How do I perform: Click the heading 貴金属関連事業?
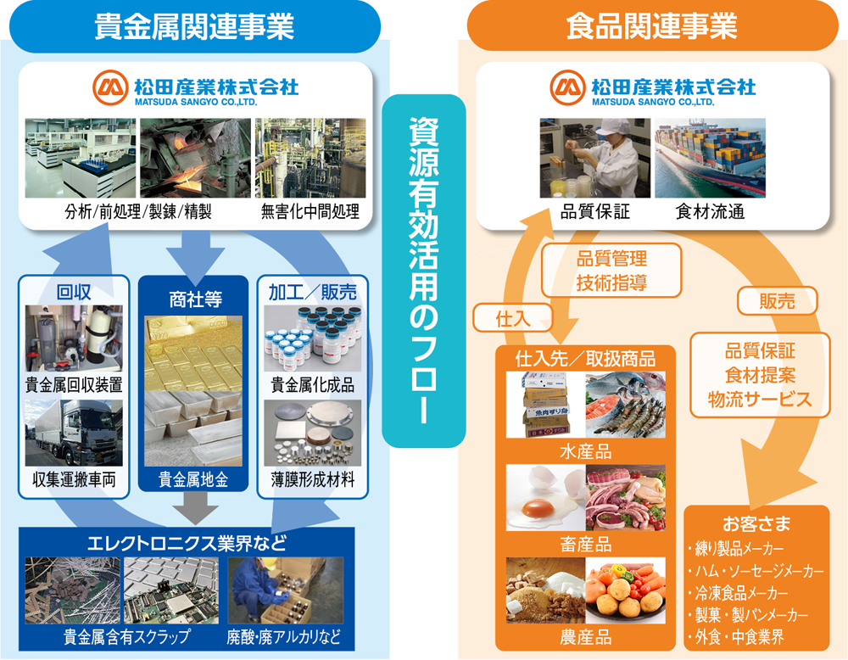194,26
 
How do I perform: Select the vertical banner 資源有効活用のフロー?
424,271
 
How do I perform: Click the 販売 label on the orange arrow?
777,300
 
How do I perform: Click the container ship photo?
710,159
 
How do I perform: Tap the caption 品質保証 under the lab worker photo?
594,212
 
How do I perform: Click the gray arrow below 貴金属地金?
193,510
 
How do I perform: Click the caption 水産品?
586,450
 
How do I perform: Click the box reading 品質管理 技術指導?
611,271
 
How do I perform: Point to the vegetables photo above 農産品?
626,591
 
